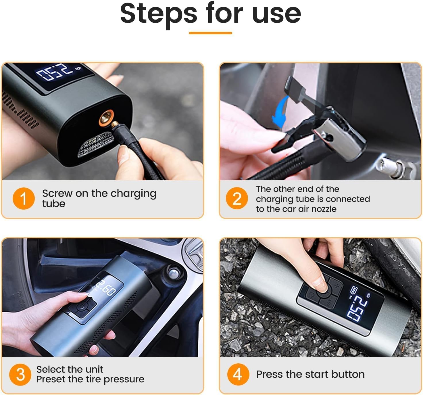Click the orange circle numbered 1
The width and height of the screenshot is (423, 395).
[x=24, y=198]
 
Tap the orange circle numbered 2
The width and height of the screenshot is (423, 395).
[x=237, y=198]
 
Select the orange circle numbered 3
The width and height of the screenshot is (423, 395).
[x=20, y=375]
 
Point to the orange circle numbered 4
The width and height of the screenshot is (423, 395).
[x=238, y=375]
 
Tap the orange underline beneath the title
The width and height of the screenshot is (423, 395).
[x=210, y=33]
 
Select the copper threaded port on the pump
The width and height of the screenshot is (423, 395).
[x=106, y=118]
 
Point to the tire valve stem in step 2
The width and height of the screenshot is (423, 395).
[x=394, y=167]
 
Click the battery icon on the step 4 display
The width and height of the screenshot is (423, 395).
[x=354, y=290]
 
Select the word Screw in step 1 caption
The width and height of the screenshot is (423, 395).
[x=57, y=193]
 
